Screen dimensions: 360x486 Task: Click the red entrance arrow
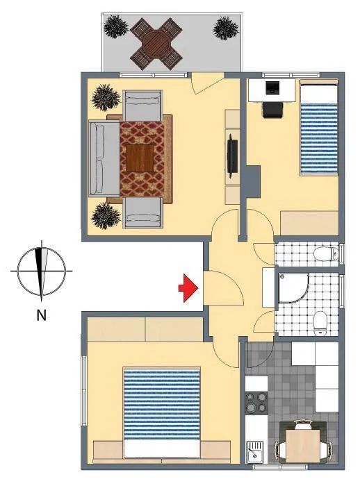tap(188, 288)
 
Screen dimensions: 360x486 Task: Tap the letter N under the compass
tap(41, 315)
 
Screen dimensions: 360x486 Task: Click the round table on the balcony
tap(156, 43)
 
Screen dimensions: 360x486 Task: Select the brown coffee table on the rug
tap(140, 158)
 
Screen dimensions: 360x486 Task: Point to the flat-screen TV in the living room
tap(232, 156)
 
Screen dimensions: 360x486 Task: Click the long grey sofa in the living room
tap(104, 158)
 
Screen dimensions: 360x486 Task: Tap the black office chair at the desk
tap(273, 110)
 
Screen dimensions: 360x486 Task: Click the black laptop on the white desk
tap(273, 87)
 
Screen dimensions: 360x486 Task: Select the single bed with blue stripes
tap(319, 127)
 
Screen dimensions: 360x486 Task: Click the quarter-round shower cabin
tap(293, 287)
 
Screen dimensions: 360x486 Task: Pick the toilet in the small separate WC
tap(326, 254)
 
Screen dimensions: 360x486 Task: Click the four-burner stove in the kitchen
tap(256, 402)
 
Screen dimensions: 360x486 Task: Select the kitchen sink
tap(255, 452)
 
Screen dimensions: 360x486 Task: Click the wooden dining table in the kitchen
tap(302, 445)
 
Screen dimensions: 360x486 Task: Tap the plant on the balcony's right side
tap(226, 28)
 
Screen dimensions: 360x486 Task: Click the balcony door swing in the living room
tap(207, 83)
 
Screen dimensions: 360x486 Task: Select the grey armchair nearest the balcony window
tap(142, 105)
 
